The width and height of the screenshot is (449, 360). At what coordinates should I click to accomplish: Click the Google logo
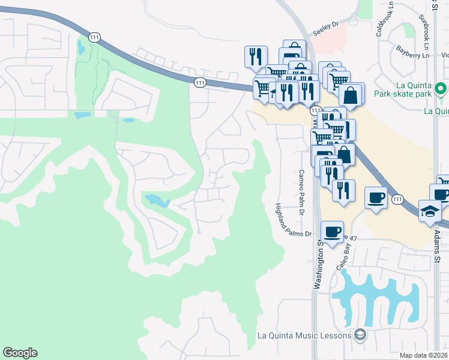click(x=20, y=353)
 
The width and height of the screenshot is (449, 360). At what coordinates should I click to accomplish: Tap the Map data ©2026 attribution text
click(x=424, y=355)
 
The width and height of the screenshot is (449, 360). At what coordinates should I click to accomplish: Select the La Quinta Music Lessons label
click(x=304, y=335)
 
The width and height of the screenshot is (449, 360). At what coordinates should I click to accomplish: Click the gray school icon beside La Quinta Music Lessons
click(x=360, y=335)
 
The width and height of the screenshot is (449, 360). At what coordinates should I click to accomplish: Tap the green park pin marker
click(x=441, y=89)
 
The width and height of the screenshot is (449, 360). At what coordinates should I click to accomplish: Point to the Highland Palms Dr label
click(x=294, y=220)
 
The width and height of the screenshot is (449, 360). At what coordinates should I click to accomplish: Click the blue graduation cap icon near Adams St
click(x=430, y=211)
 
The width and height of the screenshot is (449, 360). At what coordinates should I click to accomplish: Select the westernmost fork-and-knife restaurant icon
click(x=256, y=56)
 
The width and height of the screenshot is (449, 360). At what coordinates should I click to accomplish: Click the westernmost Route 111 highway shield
click(x=94, y=37)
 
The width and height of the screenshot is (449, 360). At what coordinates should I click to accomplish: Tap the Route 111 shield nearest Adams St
click(x=397, y=199)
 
